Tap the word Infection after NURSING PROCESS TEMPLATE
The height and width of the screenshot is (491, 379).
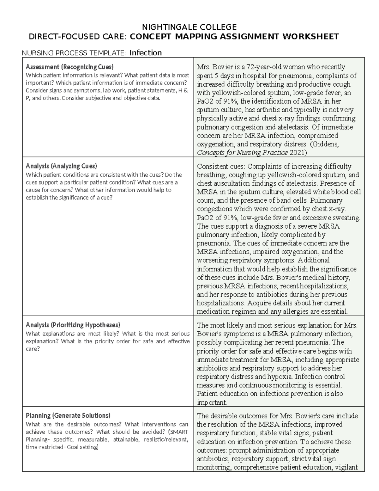pyautogui.click(x=146, y=53)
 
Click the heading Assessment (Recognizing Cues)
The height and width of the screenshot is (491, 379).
pyautogui.click(x=69, y=67)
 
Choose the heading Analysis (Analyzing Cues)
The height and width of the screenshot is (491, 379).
pyautogui.click(x=61, y=166)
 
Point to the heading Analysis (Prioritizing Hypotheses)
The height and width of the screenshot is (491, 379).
pyautogui.click(x=73, y=325)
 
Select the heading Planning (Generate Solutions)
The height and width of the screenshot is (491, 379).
pyautogui.click(x=68, y=415)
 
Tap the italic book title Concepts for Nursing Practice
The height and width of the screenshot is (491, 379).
pyautogui.click(x=242, y=153)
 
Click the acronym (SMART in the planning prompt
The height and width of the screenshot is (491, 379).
pyautogui.click(x=178, y=432)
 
